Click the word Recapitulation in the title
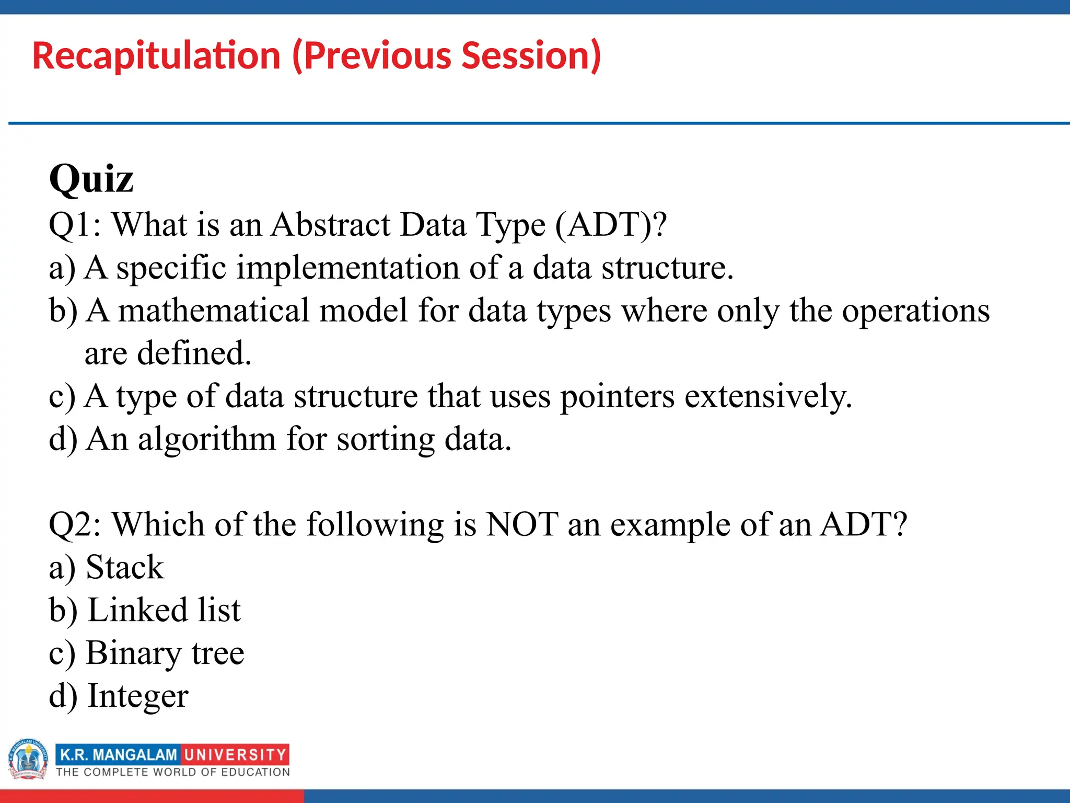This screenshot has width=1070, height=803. coord(157,56)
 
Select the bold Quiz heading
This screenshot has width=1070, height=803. coord(91,179)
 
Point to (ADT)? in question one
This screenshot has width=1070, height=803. coord(611,225)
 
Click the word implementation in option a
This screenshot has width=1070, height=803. coord(348,268)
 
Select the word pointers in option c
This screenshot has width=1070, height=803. coord(617,396)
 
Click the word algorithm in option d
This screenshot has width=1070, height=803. coord(207,439)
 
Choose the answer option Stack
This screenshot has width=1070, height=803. coord(124,567)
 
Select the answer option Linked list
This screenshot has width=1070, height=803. coord(164,610)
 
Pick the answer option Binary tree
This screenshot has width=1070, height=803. coord(165,653)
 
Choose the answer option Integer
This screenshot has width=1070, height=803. coord(137,696)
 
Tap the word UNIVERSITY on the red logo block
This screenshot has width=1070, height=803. coord(235,755)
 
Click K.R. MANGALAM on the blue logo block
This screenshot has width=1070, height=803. coord(119,755)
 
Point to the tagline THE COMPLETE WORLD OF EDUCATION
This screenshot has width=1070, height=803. coord(173,772)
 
